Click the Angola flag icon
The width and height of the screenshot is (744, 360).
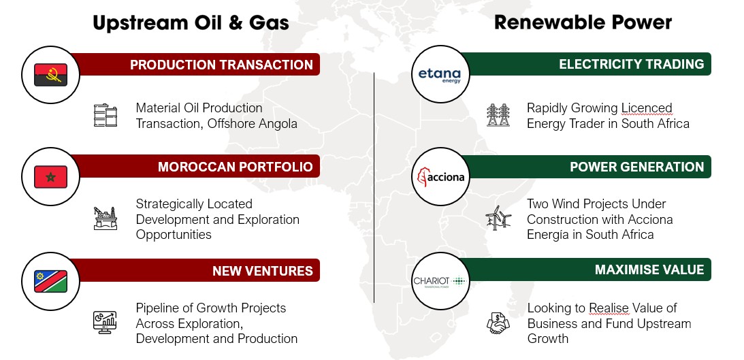click(51, 75)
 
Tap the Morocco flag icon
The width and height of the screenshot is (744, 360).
click(51, 177)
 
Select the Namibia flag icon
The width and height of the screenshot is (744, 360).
click(51, 281)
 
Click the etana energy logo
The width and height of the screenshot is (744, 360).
click(439, 76)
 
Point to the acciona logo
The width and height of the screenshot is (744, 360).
click(440, 178)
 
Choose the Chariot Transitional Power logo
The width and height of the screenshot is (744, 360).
click(440, 282)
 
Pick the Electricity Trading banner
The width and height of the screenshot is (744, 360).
click(587, 64)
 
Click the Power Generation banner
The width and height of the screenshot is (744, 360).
click(587, 167)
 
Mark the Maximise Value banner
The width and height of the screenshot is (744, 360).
click(587, 269)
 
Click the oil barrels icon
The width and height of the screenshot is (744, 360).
click(106, 115)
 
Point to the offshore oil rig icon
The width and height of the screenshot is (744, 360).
click(106, 218)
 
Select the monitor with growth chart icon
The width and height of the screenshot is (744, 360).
click(105, 322)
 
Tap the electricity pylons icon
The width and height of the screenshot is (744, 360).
click(498, 115)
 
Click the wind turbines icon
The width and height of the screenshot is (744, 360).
click(498, 218)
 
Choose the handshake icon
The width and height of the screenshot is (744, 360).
click(498, 323)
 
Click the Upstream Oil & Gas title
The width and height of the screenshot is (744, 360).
click(191, 22)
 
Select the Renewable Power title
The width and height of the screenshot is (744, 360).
click(583, 22)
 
